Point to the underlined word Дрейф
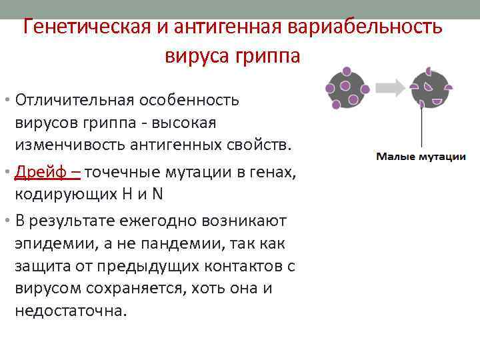(38, 172)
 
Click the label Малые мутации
(421, 157)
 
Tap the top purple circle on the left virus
(346, 71)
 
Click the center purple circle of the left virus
(346, 87)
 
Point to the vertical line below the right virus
(421, 127)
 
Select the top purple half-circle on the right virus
(428, 71)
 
